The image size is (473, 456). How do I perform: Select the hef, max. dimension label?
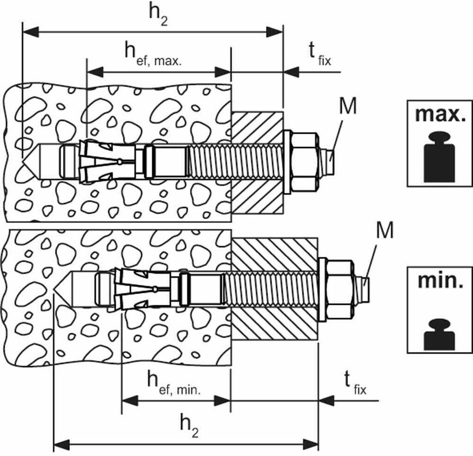click(154, 54)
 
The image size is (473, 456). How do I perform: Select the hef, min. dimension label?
click(173, 382)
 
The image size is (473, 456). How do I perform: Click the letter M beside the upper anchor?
click(348, 106)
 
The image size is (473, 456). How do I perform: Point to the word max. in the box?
click(440, 114)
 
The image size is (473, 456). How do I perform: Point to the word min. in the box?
click(440, 281)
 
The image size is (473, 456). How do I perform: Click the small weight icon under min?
click(439, 334)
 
